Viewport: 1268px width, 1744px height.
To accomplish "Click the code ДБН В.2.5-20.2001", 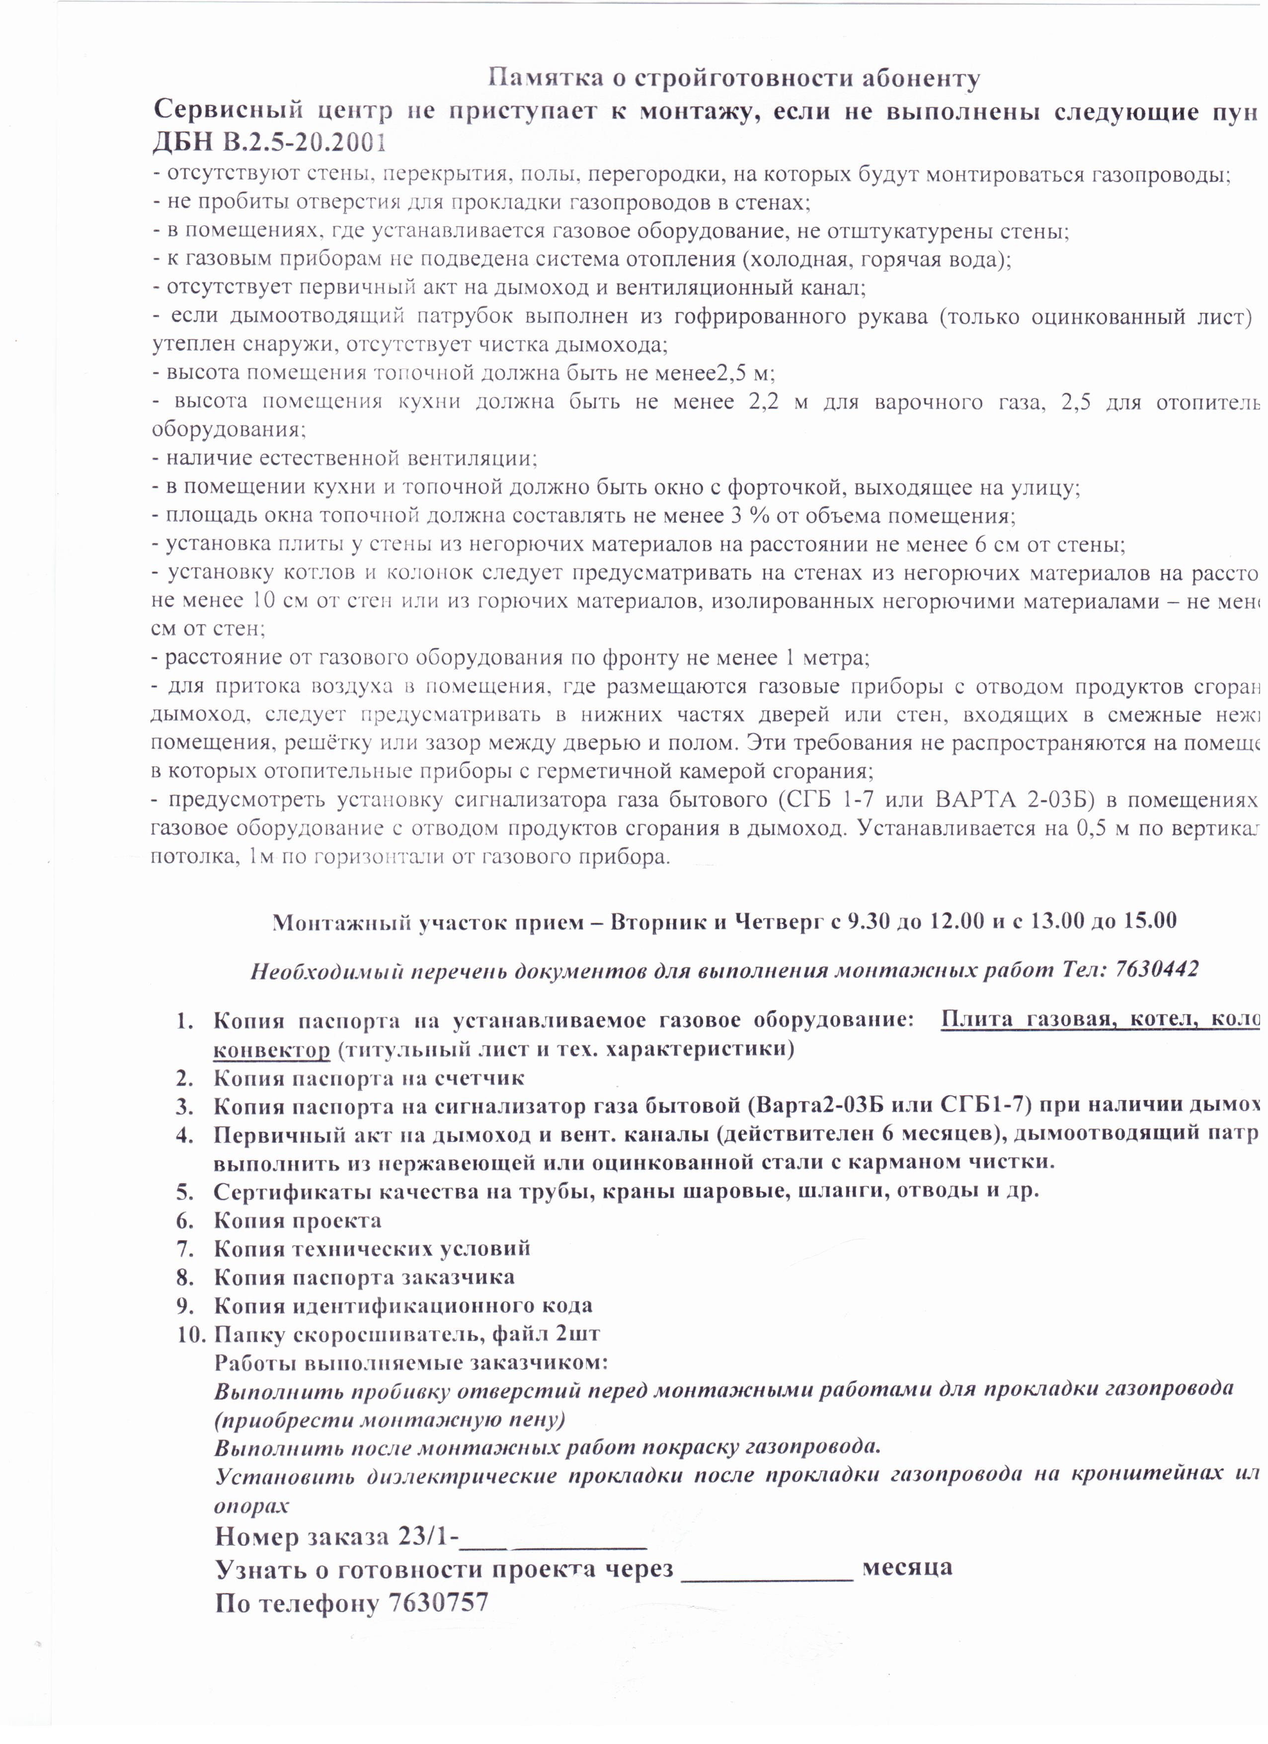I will pos(270,143).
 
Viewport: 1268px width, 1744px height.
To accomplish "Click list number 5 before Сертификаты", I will pos(184,1191).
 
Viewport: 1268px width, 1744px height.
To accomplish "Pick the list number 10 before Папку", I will pos(190,1334).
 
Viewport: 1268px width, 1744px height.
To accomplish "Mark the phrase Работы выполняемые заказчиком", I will pos(410,1362).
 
